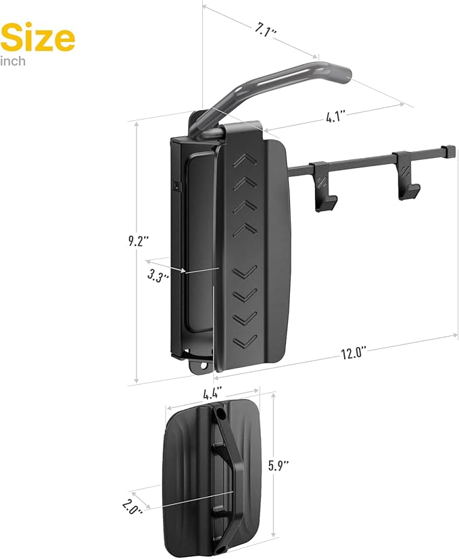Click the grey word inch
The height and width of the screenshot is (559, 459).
point(14,61)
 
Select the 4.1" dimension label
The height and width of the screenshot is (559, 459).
point(336,116)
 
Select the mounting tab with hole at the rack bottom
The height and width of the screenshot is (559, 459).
point(201,364)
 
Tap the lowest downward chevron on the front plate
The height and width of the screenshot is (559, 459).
point(246,339)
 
